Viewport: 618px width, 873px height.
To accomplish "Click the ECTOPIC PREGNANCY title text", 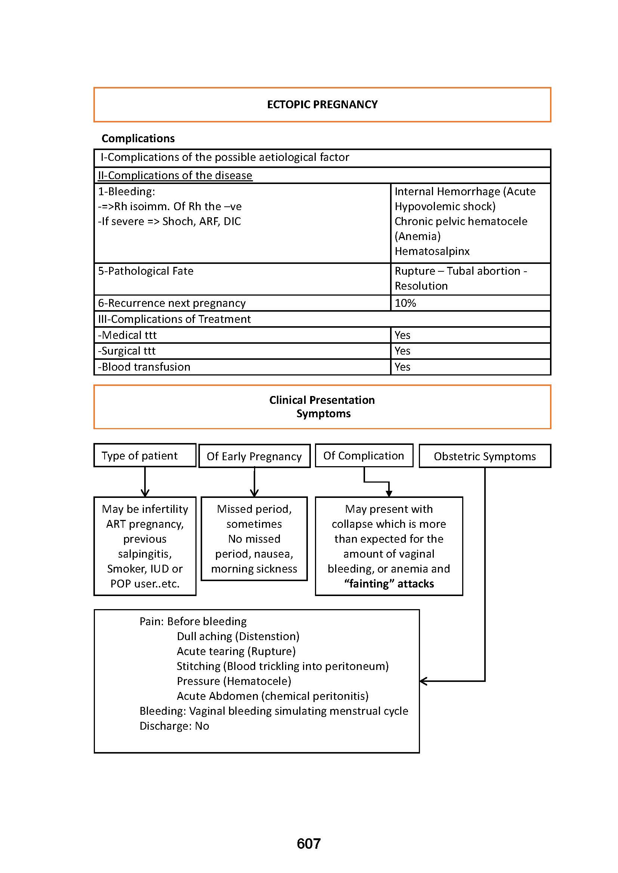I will point(322,105).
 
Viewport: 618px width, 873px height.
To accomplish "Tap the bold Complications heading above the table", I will point(138,138).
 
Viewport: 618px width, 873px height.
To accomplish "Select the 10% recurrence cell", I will point(405,303).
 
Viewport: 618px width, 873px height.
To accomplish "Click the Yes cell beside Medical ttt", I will point(402,335).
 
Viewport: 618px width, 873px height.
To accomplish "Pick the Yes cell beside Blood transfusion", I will point(402,367).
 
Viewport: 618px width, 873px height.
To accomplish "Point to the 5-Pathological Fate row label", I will point(146,271).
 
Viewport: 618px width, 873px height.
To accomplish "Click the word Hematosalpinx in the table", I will point(432,251).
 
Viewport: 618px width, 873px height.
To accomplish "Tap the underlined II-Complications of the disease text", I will point(175,175).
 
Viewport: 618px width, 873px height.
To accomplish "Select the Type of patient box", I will point(145,455).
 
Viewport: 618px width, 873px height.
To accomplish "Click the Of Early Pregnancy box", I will point(254,456).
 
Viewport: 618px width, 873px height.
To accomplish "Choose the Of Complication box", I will point(364,455).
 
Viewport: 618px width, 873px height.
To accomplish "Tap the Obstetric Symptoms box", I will point(485,456).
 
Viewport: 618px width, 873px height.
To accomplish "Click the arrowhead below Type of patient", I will point(145,493).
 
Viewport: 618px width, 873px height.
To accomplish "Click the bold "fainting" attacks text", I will point(389,584).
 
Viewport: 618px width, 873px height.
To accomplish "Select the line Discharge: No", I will point(174,726).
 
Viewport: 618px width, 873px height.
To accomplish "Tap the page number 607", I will point(309,844).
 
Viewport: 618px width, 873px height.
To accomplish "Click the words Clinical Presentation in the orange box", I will point(322,400).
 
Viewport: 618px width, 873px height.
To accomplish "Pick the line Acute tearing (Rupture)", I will point(236,651).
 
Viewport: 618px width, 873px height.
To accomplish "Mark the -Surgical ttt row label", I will point(127,351).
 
